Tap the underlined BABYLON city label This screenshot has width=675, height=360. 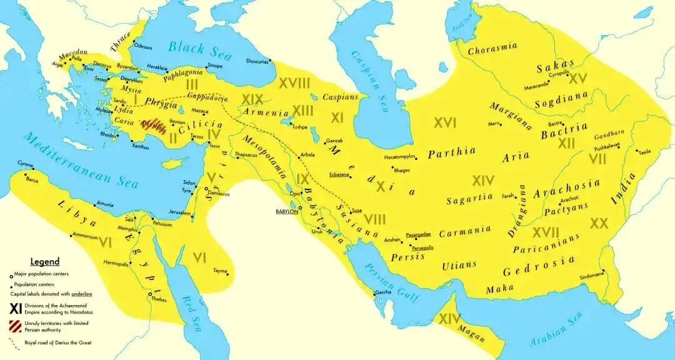point(286,212)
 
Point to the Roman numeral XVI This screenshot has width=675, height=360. point(445,123)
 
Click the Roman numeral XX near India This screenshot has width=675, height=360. point(599,223)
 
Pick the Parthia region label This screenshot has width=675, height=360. point(452,151)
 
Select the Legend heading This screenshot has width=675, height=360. point(45,262)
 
